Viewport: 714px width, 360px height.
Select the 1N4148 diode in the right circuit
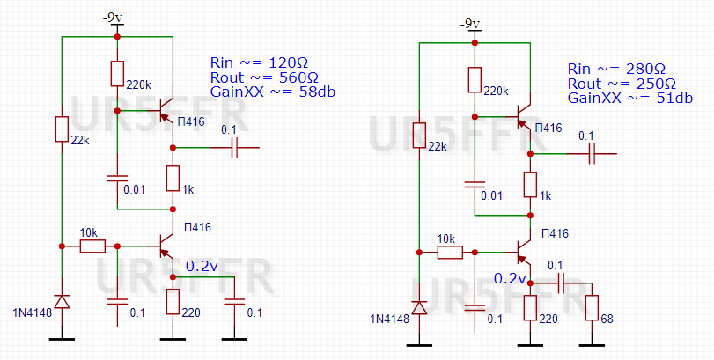point(420,307)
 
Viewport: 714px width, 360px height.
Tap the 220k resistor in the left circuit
point(117,74)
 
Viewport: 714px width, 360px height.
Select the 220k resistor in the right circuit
point(475,79)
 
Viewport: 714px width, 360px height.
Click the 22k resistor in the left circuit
point(62,129)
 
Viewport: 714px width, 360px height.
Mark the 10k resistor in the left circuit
point(92,246)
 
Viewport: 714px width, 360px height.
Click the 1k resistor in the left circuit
point(173,179)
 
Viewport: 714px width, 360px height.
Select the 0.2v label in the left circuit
point(203,265)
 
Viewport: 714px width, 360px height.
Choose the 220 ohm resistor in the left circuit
point(173,301)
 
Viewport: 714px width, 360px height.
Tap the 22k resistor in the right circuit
point(420,134)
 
